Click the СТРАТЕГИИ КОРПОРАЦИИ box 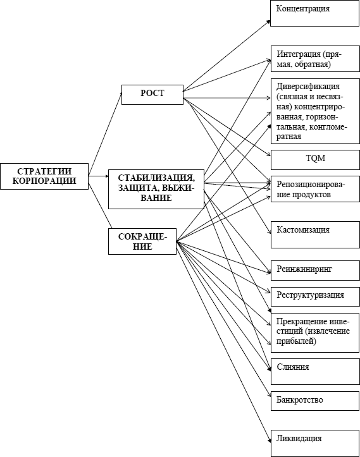pos(44,176)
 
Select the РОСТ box pos(152,95)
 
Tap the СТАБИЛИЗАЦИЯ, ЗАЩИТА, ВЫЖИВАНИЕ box pos(156,189)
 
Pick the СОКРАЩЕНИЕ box pos(142,241)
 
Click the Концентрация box pos(314,13)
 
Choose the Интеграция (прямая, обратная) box pos(315,59)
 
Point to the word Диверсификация pos(308,87)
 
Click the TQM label pos(315,159)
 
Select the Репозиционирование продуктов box pos(315,189)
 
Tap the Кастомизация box pos(315,235)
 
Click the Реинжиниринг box pos(315,271)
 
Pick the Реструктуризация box pos(315,296)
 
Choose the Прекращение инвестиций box pos(315,332)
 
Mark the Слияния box pos(315,372)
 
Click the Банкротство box pos(315,401)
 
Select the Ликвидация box pos(315,443)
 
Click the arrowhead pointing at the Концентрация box pos(269,21)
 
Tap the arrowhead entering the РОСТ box pos(120,94)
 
